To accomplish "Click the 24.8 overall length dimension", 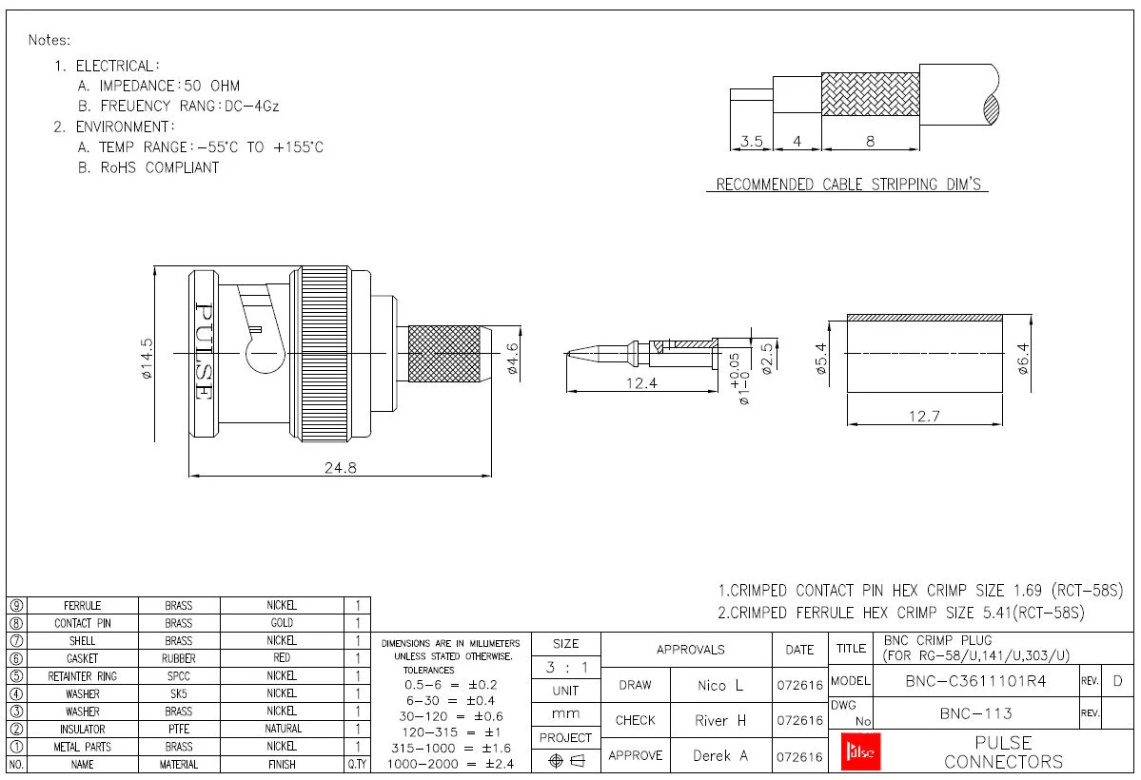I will click(340, 467).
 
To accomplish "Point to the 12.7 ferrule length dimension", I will click(923, 416).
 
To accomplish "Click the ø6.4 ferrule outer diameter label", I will click(1024, 358).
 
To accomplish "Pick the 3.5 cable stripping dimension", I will click(751, 142).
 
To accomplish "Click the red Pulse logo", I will click(862, 752).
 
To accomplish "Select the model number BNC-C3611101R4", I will click(975, 681).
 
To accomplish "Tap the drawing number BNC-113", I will click(975, 713).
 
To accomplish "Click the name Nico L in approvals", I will click(719, 685).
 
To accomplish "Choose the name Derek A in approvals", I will click(719, 756).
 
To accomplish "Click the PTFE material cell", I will click(178, 730).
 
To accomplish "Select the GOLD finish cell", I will click(282, 623).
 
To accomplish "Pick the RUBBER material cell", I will click(178, 658).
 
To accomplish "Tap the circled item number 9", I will click(16, 605).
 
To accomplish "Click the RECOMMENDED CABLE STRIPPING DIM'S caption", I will click(847, 185).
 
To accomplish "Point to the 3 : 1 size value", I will click(565, 668).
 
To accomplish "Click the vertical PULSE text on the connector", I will click(204, 351).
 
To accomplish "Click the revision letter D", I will click(1117, 681).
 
